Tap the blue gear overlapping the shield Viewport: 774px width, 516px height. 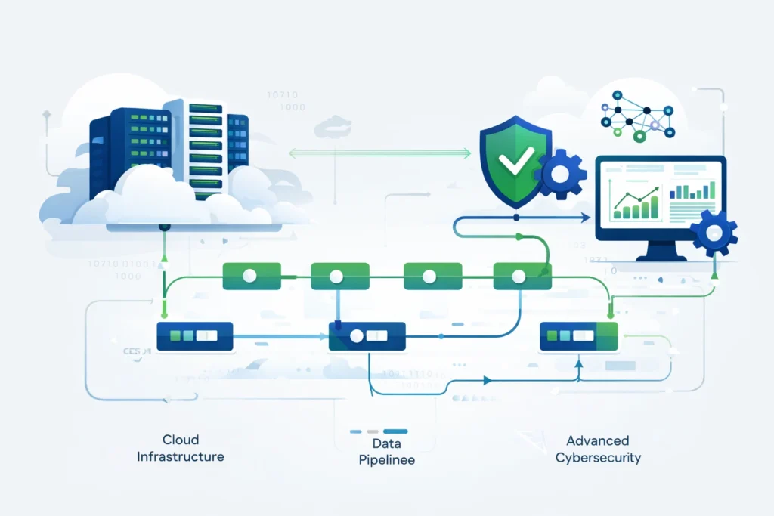tap(560, 175)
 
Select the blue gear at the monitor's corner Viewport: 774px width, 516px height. tap(714, 234)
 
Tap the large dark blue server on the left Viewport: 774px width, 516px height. tap(128, 147)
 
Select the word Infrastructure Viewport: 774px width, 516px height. tap(180, 456)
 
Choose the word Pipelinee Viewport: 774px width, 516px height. tap(386, 459)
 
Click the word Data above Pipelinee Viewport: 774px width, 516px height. tap(386, 443)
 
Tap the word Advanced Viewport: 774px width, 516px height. tap(597, 440)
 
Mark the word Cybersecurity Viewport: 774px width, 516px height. tap(598, 458)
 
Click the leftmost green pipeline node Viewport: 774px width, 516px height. tap(251, 277)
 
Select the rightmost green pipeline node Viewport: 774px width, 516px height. tap(518, 277)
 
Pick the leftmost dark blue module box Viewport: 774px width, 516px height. tap(194, 336)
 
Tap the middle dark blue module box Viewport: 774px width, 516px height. tap(367, 336)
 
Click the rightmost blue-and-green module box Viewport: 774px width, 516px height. tap(578, 336)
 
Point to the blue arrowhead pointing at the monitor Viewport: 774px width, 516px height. tap(587, 218)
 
